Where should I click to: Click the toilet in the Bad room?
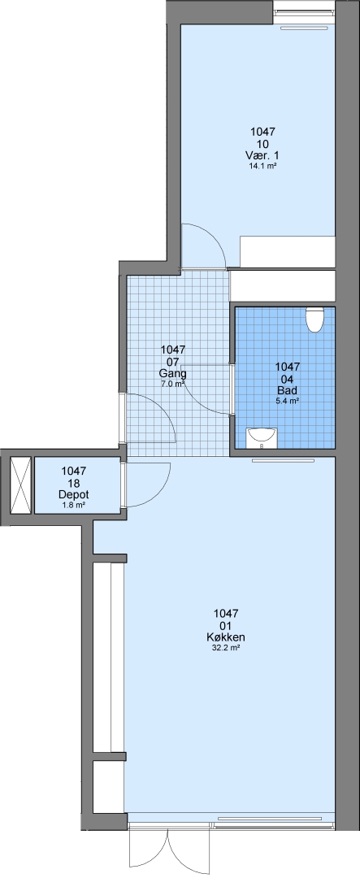click(314, 319)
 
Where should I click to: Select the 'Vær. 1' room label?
click(262, 155)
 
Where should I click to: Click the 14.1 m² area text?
click(262, 167)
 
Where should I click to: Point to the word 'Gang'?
click(172, 373)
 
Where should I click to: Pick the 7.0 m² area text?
click(172, 384)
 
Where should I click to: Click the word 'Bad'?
click(287, 390)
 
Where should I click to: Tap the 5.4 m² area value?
click(287, 401)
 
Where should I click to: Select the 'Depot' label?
click(73, 495)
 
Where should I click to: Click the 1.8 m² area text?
click(73, 506)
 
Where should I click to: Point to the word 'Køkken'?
click(226, 637)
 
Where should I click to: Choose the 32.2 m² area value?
click(226, 648)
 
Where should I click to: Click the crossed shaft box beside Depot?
click(20, 485)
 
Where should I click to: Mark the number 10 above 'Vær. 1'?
click(262, 144)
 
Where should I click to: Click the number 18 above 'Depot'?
click(73, 483)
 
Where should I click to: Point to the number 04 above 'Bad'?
click(287, 379)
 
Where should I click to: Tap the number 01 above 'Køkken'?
click(226, 625)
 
